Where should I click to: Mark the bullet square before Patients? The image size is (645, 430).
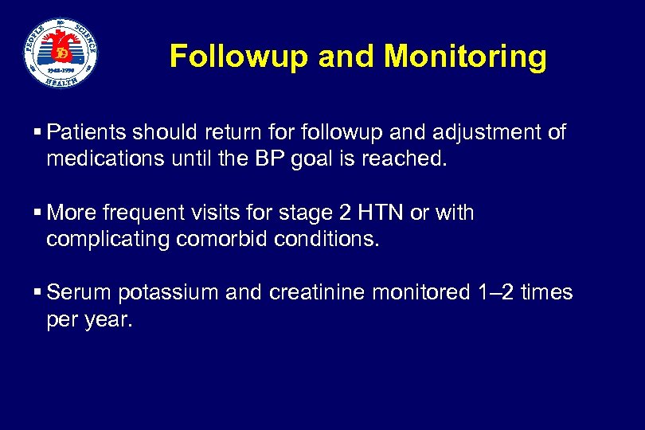coord(38,133)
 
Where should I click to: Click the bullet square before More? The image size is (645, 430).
coord(38,213)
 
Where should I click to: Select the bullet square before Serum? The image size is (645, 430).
coord(38,294)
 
